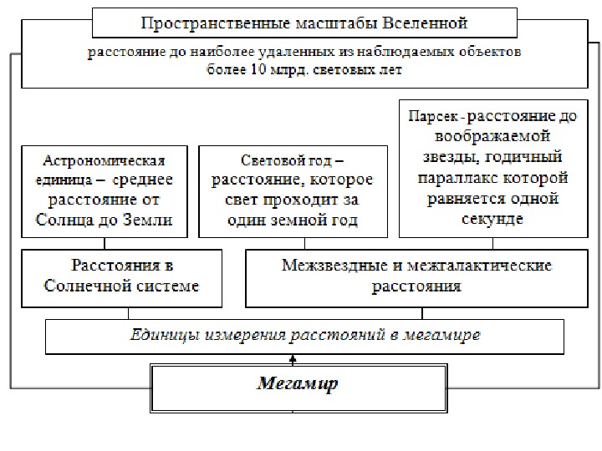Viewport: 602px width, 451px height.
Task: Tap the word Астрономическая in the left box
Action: (105, 161)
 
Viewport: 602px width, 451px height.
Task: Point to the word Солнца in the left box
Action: (64, 220)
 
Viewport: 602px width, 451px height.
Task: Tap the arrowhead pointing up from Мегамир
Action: (293, 357)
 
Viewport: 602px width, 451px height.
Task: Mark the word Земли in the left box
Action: (149, 220)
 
